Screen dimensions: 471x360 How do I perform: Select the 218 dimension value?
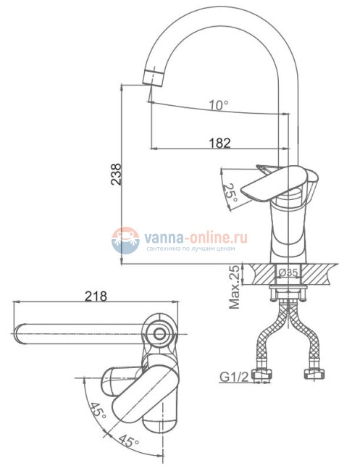96,296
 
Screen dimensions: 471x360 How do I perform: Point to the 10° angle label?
219,106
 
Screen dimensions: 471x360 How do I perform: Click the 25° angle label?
230,193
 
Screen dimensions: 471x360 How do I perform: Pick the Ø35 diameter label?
289,272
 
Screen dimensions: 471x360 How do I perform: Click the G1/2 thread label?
233,376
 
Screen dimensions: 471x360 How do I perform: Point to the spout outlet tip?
151,78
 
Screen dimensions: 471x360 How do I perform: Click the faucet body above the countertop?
288,232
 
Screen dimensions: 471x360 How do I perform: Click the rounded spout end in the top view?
22,334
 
